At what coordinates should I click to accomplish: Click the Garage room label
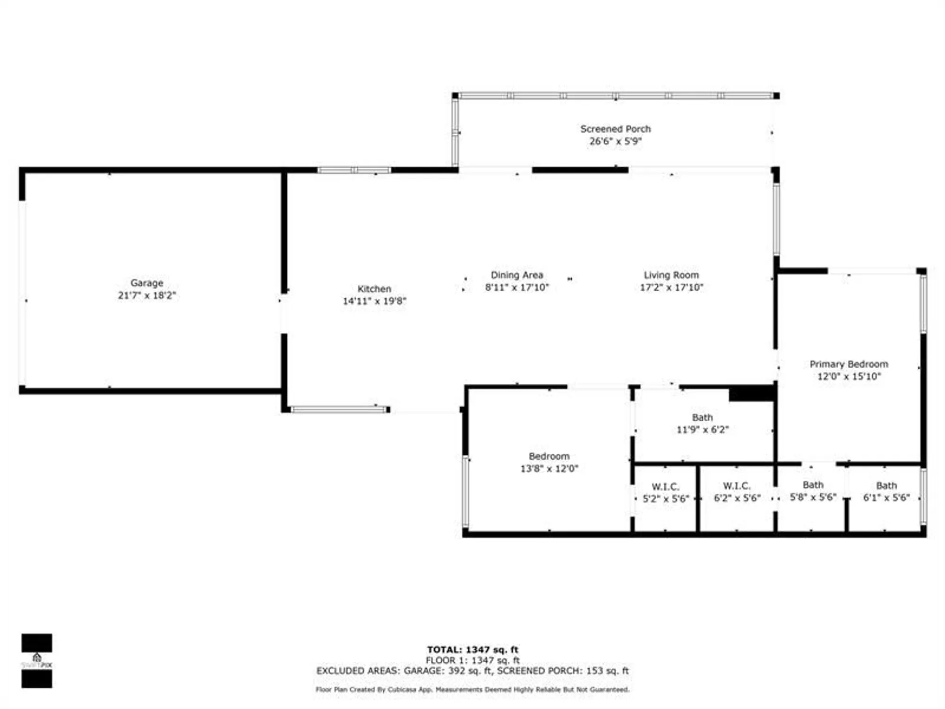[x=146, y=283]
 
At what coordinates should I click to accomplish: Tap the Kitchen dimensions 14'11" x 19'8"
[x=374, y=301]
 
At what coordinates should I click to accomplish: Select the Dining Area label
[x=517, y=275]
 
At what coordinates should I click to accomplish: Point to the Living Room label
[x=671, y=275]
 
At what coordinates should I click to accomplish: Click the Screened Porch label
[x=615, y=129]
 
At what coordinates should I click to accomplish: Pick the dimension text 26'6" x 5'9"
[x=615, y=141]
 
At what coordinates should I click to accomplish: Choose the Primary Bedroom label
[x=849, y=364]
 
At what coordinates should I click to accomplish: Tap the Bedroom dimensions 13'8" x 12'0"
[x=549, y=468]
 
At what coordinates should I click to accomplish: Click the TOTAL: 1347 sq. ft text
[x=472, y=649]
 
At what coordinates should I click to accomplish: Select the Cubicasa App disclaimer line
[x=472, y=690]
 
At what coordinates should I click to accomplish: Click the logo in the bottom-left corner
[x=37, y=660]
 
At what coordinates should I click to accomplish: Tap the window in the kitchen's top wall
[x=354, y=170]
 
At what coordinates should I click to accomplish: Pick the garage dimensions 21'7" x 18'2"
[x=146, y=295]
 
